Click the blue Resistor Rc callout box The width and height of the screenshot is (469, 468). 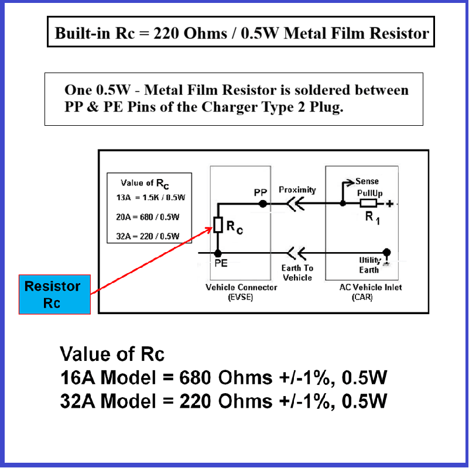54,294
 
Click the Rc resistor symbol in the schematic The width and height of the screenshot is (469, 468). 218,225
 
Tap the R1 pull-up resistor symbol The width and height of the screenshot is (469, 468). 368,204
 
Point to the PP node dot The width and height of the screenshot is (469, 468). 263,204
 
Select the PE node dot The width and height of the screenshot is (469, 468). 218,253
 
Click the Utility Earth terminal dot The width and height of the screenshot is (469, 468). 387,252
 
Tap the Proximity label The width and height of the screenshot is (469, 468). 297,190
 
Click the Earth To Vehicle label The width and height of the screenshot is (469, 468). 297,273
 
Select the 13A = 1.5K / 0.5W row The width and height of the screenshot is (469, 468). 150,198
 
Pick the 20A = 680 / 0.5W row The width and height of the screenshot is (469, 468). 148,217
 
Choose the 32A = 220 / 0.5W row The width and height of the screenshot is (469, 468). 148,236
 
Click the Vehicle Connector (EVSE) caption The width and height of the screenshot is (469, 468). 241,292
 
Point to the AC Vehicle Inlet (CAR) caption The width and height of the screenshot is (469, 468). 371,292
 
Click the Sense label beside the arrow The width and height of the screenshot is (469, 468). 367,181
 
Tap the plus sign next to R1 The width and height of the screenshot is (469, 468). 389,204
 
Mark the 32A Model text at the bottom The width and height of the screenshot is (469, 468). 108,401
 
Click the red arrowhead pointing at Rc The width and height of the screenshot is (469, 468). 209,229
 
